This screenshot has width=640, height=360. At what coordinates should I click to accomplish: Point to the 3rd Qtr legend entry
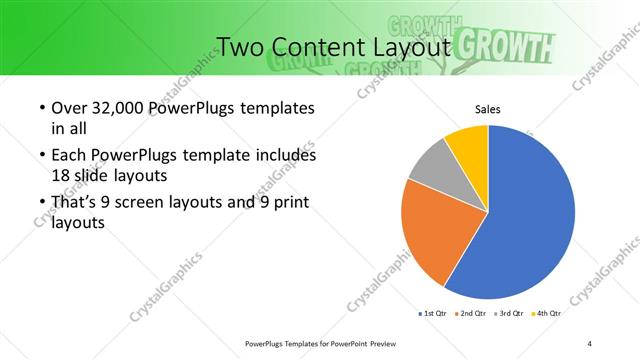(x=510, y=314)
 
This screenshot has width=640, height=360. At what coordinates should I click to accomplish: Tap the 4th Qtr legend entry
(x=547, y=314)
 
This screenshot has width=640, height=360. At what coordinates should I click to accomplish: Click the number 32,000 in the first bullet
(x=111, y=108)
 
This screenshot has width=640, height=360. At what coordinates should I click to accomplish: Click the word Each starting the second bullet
(x=67, y=156)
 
